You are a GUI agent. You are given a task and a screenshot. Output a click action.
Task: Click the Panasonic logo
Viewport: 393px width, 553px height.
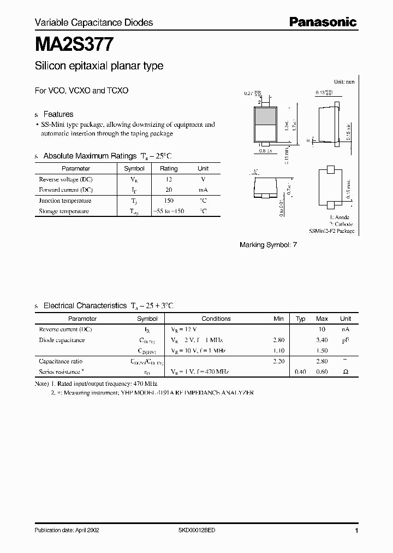(x=323, y=22)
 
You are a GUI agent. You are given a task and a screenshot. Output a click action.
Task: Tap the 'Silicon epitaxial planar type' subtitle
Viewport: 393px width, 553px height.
(x=99, y=66)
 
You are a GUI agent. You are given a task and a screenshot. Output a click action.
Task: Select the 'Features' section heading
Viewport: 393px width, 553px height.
(x=58, y=114)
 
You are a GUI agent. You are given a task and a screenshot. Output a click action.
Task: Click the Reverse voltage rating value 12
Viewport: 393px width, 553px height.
(x=169, y=179)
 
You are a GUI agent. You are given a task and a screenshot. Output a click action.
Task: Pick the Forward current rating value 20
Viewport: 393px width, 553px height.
(x=169, y=190)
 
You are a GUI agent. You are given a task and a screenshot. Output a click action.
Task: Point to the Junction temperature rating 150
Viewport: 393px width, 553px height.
(x=169, y=201)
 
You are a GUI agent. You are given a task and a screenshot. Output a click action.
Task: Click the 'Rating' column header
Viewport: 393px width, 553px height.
(x=169, y=168)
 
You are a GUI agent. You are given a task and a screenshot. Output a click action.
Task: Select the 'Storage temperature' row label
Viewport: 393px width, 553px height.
(x=64, y=211)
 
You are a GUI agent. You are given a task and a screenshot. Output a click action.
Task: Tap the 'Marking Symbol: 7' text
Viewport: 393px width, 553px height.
(x=268, y=245)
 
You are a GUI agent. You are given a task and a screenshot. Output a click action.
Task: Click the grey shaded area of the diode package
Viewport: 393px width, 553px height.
(x=266, y=117)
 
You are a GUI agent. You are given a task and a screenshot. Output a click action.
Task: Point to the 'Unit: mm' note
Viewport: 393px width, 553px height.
(x=343, y=81)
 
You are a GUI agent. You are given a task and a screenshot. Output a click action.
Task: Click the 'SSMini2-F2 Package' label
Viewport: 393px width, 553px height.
(x=331, y=231)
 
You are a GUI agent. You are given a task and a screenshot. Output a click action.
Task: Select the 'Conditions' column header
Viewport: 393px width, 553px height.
(x=216, y=319)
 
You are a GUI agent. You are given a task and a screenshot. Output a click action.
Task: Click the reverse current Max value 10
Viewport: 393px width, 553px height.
(x=322, y=330)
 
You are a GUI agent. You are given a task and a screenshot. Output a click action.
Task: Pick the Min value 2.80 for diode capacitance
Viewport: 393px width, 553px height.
(x=278, y=340)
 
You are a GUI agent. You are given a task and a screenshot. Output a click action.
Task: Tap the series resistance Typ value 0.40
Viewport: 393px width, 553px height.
(x=300, y=372)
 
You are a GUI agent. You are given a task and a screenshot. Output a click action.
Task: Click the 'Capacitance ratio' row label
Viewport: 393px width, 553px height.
(x=61, y=361)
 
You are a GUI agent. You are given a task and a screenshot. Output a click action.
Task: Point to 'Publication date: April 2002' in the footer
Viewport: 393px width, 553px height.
(x=67, y=530)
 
